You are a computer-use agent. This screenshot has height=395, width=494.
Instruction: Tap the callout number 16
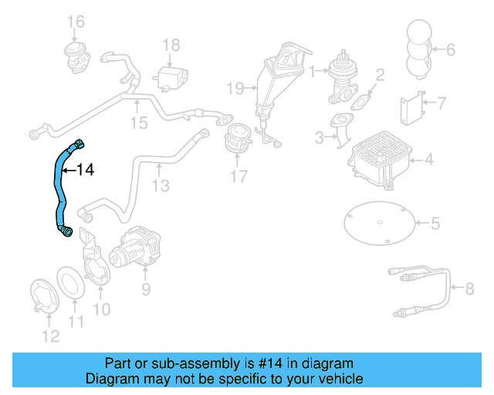tap(75, 20)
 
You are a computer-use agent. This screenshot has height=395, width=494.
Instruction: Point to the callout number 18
tap(171, 45)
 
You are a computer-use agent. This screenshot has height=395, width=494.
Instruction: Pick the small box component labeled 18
tap(171, 77)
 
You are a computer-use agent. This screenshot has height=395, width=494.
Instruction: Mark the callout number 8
tap(469, 289)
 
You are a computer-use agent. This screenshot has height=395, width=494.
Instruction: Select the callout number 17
tap(239, 177)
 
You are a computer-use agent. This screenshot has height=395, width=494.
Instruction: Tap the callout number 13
tap(160, 186)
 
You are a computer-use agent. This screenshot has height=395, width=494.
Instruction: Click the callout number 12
tap(49, 336)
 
